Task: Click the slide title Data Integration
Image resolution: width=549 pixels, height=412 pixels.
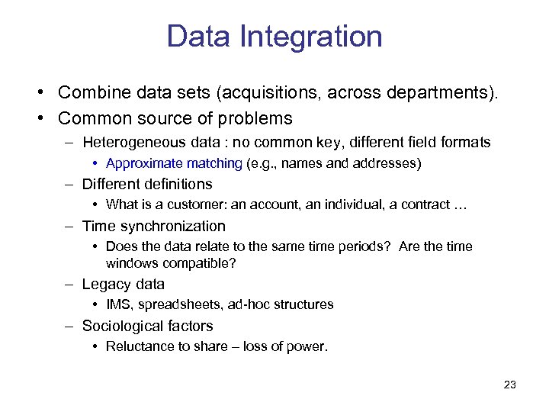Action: click(x=274, y=37)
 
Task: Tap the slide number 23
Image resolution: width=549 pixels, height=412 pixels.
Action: click(x=510, y=385)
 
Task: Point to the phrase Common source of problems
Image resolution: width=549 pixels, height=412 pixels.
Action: click(x=175, y=118)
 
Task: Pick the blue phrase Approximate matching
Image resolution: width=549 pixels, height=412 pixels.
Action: click(x=175, y=163)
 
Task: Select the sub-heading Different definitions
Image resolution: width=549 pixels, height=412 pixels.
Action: click(x=147, y=184)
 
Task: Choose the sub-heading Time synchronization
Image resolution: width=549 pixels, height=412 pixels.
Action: click(x=154, y=226)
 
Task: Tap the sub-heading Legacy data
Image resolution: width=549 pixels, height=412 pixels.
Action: click(x=124, y=284)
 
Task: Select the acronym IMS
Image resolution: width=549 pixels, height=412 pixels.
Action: click(x=118, y=304)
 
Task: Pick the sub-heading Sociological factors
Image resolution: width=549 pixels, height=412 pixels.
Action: click(x=148, y=326)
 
